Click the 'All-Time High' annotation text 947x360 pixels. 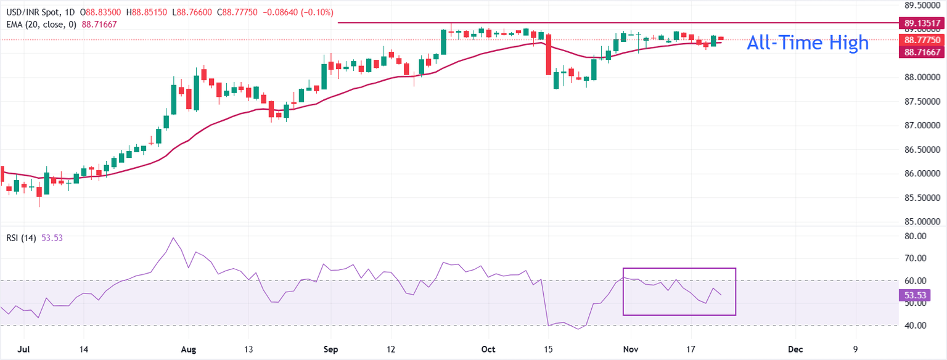point(808,43)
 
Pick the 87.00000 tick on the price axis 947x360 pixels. point(917,126)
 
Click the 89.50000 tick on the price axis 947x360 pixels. point(917,6)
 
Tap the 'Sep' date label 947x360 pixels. point(330,349)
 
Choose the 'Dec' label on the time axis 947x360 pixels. point(795,349)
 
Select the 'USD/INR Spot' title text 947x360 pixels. point(30,12)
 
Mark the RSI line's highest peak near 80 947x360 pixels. point(173,238)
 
